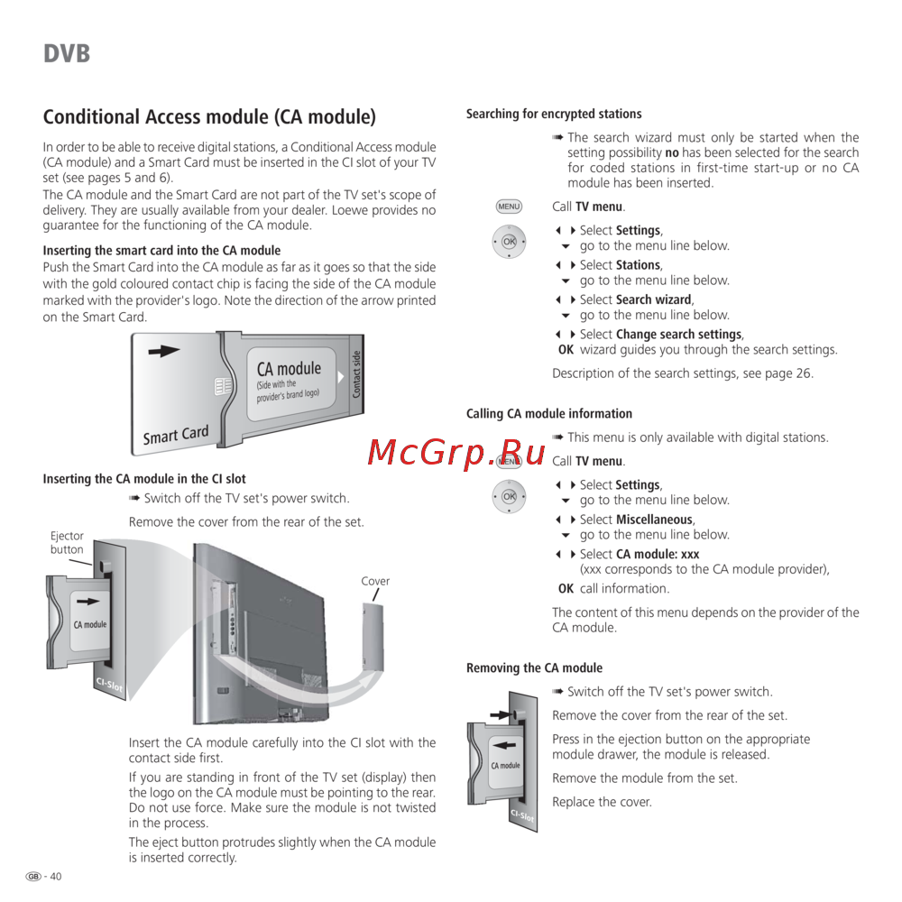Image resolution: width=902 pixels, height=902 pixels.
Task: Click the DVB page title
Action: pyautogui.click(x=67, y=53)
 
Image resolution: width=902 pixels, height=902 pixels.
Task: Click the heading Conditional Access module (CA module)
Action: pyautogui.click(x=209, y=116)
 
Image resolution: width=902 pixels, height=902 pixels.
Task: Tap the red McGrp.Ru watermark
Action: pyautogui.click(x=456, y=452)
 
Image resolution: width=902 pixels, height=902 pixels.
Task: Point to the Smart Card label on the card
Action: pyautogui.click(x=176, y=435)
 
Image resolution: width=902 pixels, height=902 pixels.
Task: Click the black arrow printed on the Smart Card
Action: pyautogui.click(x=164, y=351)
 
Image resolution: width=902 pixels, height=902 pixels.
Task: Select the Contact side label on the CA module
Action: pyautogui.click(x=356, y=374)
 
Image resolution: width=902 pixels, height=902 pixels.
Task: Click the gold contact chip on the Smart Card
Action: pyautogui.click(x=223, y=387)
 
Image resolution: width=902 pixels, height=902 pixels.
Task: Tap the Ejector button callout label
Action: pyautogui.click(x=67, y=542)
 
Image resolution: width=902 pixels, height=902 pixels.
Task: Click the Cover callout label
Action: pyautogui.click(x=375, y=581)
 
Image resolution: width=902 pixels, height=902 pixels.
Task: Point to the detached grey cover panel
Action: pyautogui.click(x=373, y=636)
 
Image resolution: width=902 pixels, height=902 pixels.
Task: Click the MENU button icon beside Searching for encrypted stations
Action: pyautogui.click(x=509, y=207)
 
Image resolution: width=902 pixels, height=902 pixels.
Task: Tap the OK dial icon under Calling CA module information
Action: pyautogui.click(x=509, y=496)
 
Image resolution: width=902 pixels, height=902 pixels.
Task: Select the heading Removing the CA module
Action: pyautogui.click(x=534, y=667)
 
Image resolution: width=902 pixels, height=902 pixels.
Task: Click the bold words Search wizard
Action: pyautogui.click(x=654, y=299)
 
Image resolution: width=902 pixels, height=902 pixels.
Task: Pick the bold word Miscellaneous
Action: pyautogui.click(x=655, y=520)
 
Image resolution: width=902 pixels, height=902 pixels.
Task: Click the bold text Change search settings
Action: pyautogui.click(x=679, y=335)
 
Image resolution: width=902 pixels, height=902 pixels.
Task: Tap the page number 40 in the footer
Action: pyautogui.click(x=56, y=876)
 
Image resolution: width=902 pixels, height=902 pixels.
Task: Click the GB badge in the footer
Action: pyautogui.click(x=33, y=876)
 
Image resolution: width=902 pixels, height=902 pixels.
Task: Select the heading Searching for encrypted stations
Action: pyautogui.click(x=554, y=114)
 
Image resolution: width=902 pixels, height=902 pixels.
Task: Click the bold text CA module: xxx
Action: pyautogui.click(x=658, y=554)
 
